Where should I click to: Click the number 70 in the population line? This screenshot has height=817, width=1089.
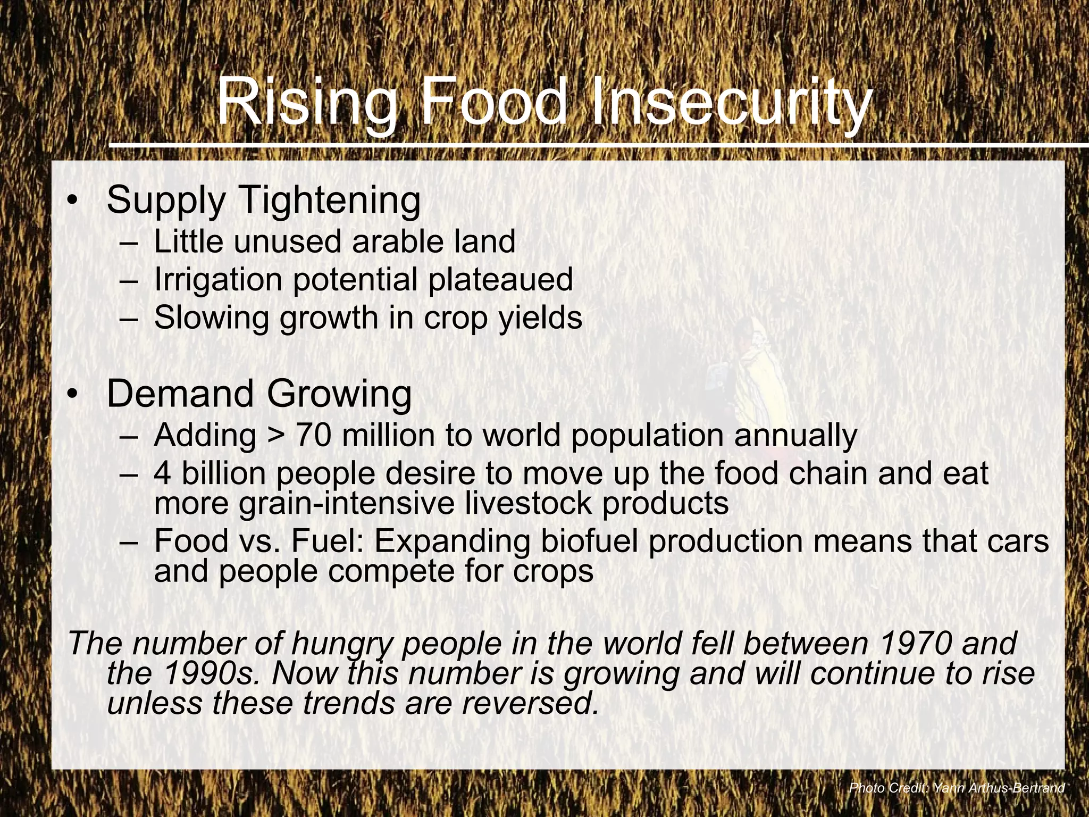click(313, 435)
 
